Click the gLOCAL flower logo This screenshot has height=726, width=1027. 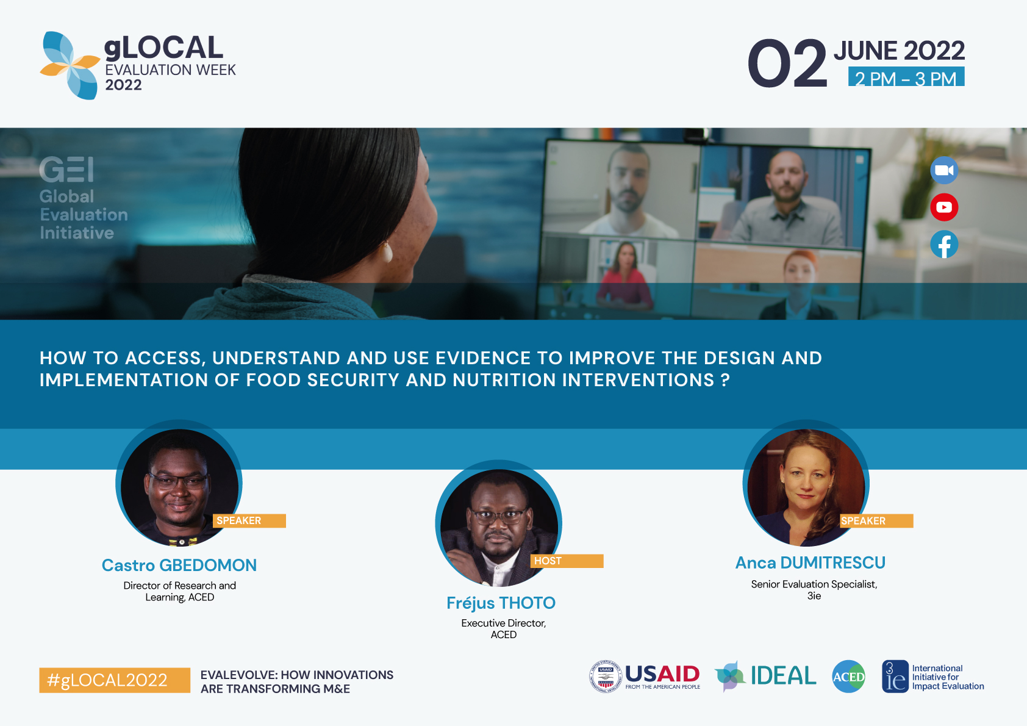[x=70, y=65]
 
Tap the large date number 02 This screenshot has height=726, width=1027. [x=787, y=63]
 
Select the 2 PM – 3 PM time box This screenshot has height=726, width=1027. [x=906, y=77]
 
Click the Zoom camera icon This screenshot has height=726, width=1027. [x=944, y=170]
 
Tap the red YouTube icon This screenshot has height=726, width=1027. [x=944, y=207]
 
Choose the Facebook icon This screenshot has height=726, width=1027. [x=944, y=244]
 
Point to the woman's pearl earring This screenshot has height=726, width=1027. [x=387, y=252]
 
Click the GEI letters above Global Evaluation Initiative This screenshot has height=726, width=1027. [x=67, y=169]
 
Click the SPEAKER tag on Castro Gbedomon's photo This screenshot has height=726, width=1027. [x=249, y=520]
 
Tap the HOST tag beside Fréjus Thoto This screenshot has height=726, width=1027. [x=567, y=561]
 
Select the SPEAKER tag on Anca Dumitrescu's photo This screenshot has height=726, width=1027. [x=876, y=520]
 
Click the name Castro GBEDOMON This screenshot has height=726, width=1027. [x=179, y=565]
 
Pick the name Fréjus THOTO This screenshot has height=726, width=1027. [x=501, y=603]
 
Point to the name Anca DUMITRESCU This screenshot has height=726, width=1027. [x=811, y=562]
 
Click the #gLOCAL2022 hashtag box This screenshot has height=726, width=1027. [x=115, y=680]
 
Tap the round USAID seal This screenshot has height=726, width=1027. [x=605, y=676]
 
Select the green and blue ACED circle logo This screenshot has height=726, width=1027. [x=849, y=677]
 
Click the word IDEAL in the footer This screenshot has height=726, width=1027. [x=784, y=675]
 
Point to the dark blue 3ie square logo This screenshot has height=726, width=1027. [x=895, y=676]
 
